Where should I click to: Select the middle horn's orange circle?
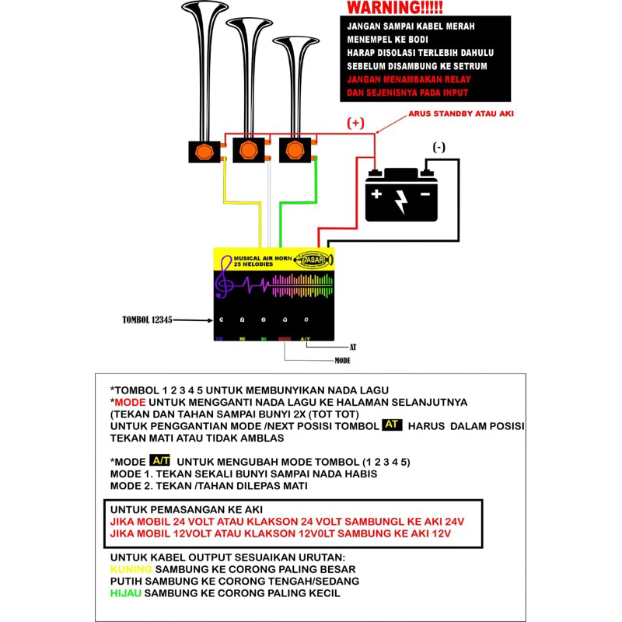click(249, 149)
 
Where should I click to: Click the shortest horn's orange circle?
click(294, 148)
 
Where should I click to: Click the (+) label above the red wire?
click(355, 124)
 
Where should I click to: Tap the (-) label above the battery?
click(439, 148)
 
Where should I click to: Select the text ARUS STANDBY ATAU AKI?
click(461, 114)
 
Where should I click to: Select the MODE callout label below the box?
click(342, 361)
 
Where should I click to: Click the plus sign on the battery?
click(376, 193)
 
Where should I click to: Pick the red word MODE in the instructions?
click(129, 401)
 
